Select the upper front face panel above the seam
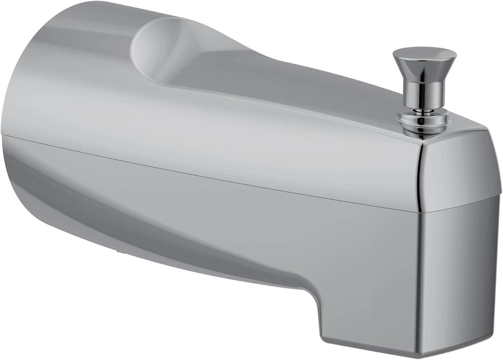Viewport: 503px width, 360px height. (x=459, y=170)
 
